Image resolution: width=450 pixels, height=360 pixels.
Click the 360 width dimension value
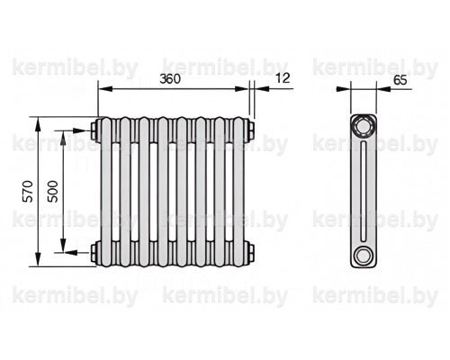pyautogui.click(x=170, y=78)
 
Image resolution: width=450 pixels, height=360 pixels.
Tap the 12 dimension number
pyautogui.click(x=283, y=78)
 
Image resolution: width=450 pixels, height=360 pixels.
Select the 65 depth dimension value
pyautogui.click(x=400, y=80)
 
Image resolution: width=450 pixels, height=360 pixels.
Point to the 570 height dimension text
pyautogui.click(x=29, y=191)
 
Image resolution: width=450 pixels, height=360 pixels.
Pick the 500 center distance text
pyautogui.click(x=53, y=191)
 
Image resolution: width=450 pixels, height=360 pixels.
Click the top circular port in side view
pyautogui.click(x=364, y=126)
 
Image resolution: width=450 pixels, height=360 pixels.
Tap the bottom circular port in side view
pyautogui.click(x=364, y=256)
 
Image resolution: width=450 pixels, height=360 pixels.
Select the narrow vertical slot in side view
pyautogui.click(x=364, y=191)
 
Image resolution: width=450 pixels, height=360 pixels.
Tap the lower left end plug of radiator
pyautogui.click(x=94, y=252)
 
